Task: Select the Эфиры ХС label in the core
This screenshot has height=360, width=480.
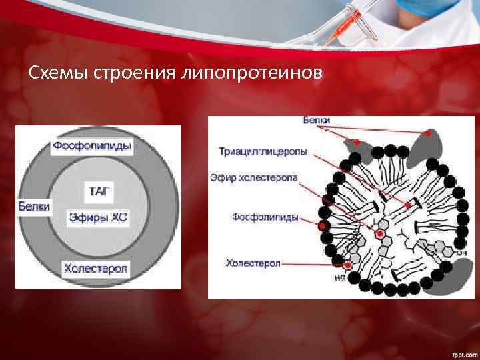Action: (98, 217)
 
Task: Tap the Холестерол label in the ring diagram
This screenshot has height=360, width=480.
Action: (97, 269)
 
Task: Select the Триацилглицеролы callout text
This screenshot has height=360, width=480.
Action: (263, 151)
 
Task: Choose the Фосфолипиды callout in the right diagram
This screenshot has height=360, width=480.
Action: (265, 217)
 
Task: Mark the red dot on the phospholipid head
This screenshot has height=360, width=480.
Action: (324, 227)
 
